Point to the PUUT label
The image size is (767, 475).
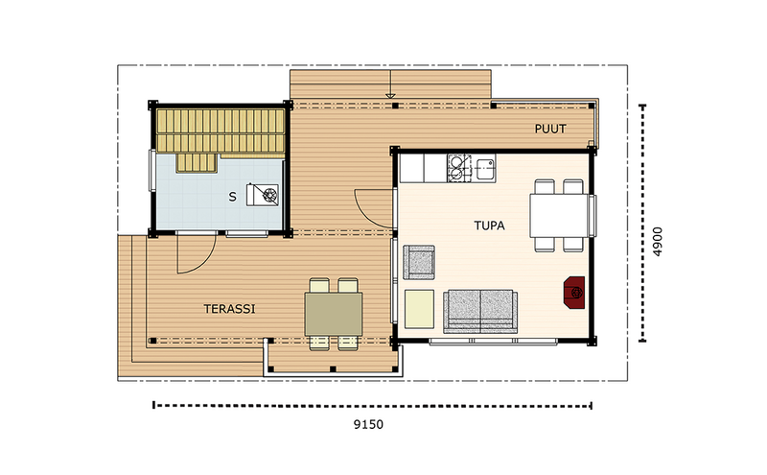550,129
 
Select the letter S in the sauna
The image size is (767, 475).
231,197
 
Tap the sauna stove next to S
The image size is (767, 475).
265,195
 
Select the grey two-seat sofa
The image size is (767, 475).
480,309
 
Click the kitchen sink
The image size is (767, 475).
483,169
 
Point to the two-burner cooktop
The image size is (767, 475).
457,169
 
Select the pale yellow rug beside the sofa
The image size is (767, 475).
418,307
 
